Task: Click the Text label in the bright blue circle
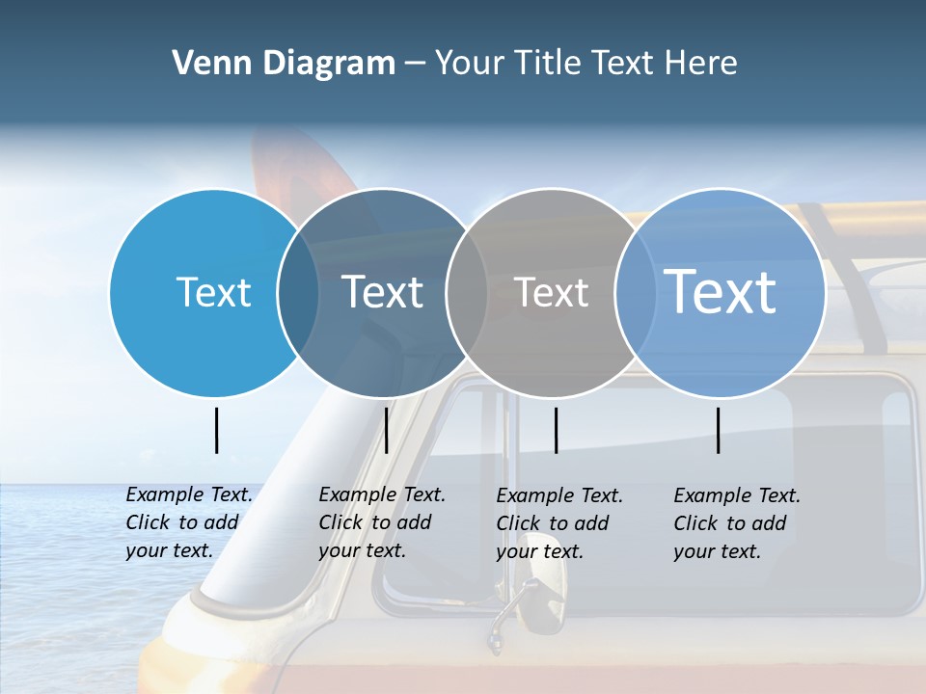point(213,292)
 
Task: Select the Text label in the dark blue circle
point(382,292)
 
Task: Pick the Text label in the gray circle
point(551,292)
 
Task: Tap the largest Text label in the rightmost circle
point(720,291)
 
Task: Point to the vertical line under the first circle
point(216,430)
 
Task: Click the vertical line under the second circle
point(386,430)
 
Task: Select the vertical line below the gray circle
point(556,430)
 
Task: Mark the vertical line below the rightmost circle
point(719,430)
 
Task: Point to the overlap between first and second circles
point(298,292)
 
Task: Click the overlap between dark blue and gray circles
point(467,292)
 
